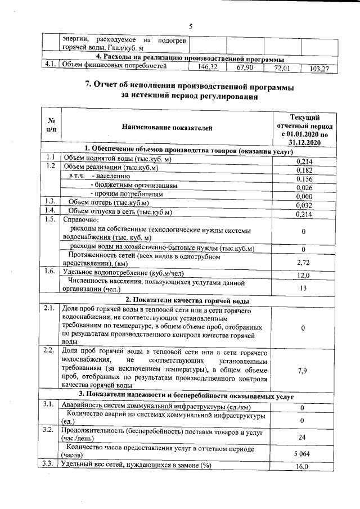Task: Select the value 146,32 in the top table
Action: pos(208,67)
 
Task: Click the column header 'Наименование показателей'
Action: pos(167,128)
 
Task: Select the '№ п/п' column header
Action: pos(51,128)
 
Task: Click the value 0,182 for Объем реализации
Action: pos(303,170)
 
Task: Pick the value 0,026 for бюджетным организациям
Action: pos(303,187)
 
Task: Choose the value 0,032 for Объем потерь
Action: pos(303,205)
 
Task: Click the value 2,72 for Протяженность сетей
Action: pos(303,262)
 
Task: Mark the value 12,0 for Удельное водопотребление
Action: pos(303,275)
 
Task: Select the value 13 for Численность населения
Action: pos(303,288)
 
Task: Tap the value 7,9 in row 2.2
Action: pos(303,371)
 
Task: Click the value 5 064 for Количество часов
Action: pos(303,453)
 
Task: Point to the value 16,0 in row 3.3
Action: pos(303,466)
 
